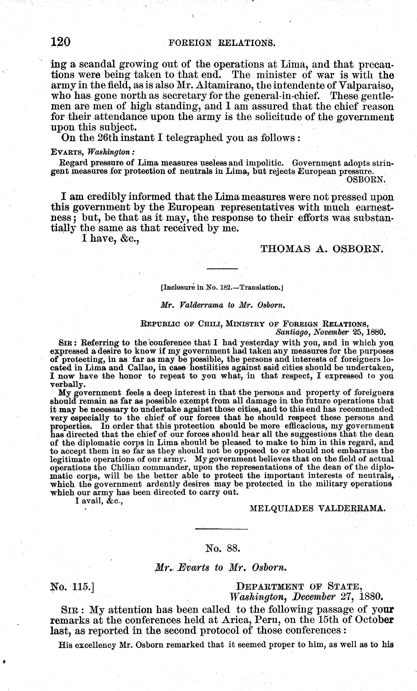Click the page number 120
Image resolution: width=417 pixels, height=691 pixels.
pos(60,42)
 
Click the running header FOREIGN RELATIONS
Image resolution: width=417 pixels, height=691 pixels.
pos(222,43)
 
